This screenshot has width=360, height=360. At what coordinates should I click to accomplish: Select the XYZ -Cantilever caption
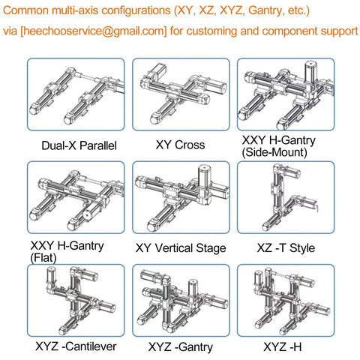pos(76,346)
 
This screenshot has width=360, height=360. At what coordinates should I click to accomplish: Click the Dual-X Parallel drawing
pos(76,95)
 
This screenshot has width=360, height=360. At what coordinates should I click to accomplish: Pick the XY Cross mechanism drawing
pos(181,95)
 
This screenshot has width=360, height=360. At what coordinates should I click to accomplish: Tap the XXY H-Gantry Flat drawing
pos(76,198)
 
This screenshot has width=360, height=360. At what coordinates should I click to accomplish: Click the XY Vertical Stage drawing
pos(181,198)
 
